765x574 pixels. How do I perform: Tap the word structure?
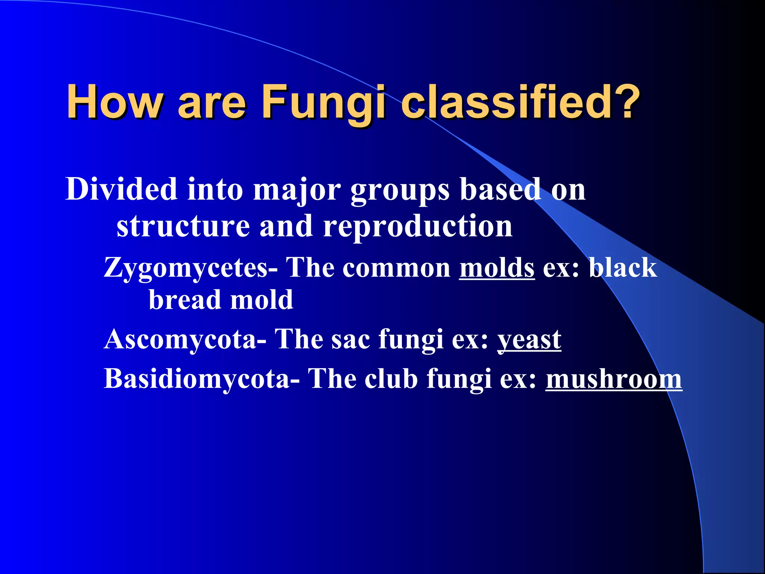point(183,226)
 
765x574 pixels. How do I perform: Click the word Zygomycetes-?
point(191,268)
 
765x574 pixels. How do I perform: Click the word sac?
point(351,340)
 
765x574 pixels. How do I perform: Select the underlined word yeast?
point(529,340)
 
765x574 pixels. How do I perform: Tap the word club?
point(391,379)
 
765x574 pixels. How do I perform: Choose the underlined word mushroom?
point(614,379)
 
